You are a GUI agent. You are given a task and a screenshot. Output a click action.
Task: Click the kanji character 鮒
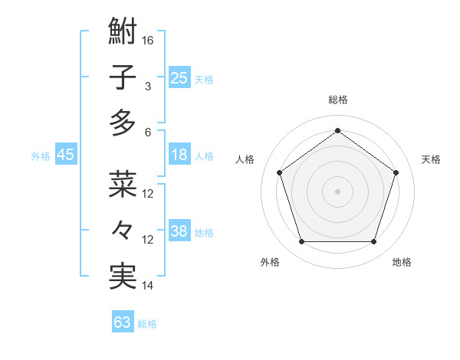(x=123, y=32)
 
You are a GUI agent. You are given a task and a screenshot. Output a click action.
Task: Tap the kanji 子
(x=123, y=77)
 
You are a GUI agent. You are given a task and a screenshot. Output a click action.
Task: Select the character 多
(x=123, y=123)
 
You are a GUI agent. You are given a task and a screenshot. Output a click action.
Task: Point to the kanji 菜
(x=123, y=184)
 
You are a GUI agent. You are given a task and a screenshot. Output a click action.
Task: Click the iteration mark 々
(x=123, y=230)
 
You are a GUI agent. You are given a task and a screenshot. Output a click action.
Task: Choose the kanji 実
(x=123, y=276)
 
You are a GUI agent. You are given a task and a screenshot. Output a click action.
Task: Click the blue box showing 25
(x=179, y=77)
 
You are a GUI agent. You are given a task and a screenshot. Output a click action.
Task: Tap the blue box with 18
(x=179, y=155)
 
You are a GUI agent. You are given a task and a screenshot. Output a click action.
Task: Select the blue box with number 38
(x=179, y=231)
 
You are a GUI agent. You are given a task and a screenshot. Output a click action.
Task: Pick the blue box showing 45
(x=66, y=155)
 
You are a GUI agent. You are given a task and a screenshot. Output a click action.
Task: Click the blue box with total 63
(x=123, y=322)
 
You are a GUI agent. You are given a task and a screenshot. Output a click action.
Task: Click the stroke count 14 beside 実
(x=149, y=285)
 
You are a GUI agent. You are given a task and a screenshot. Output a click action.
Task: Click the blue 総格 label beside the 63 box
(x=147, y=324)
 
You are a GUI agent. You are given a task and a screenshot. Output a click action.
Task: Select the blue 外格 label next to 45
(x=41, y=156)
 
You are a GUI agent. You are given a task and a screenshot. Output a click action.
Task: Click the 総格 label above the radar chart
(x=337, y=100)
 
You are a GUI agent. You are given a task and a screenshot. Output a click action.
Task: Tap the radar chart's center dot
(x=337, y=191)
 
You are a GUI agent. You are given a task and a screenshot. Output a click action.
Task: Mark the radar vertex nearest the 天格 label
(x=396, y=172)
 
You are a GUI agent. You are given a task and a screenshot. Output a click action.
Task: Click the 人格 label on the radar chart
(x=245, y=159)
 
